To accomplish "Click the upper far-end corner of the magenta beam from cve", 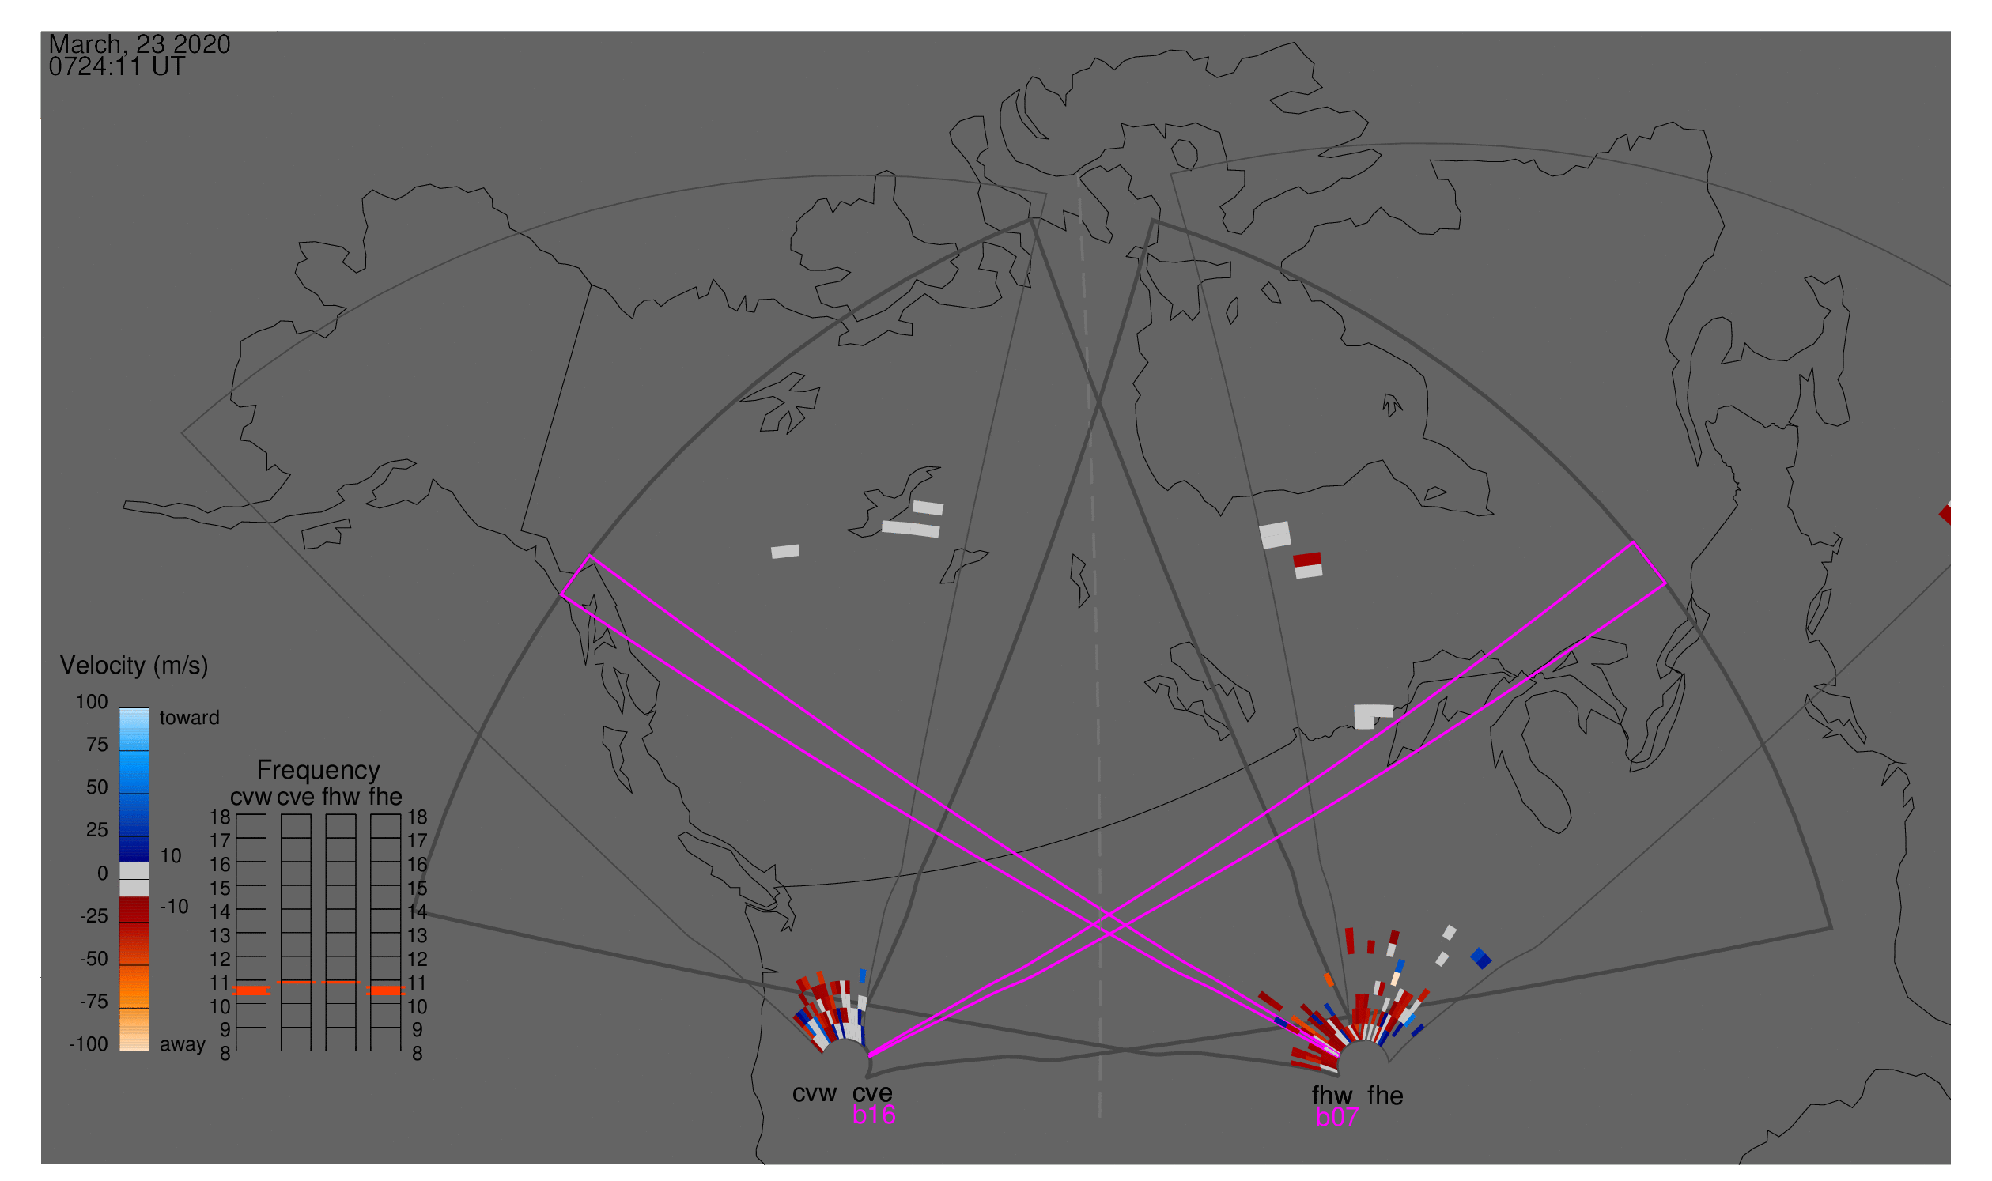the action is (x=1634, y=543).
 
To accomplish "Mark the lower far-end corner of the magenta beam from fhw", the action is (x=561, y=594).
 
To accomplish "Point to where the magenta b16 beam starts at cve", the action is (x=869, y=1056).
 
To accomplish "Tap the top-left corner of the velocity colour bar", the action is (x=119, y=708).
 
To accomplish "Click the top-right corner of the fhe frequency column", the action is (x=400, y=814).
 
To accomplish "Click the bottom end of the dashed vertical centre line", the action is (x=1099, y=1115).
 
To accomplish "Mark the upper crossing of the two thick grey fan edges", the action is (x=1098, y=402).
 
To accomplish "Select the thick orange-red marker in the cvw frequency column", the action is (x=251, y=990).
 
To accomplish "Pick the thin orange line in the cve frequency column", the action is (x=297, y=982).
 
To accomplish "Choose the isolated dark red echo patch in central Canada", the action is (x=1307, y=559).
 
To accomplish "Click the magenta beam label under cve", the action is (x=873, y=1115).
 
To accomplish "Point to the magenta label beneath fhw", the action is (x=1336, y=1117).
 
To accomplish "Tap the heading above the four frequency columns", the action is (x=318, y=771).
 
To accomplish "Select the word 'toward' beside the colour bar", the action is (x=190, y=718).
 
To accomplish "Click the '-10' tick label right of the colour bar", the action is (x=174, y=907).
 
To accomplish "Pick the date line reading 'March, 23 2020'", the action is (x=139, y=43).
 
